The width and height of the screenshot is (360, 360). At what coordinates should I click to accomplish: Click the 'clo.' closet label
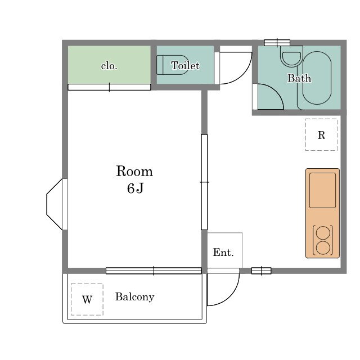tap(109, 66)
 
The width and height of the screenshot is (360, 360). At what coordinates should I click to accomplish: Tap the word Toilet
tap(185, 65)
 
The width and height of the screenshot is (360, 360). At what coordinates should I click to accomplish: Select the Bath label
tap(299, 78)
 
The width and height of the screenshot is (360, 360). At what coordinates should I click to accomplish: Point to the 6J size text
tap(135, 188)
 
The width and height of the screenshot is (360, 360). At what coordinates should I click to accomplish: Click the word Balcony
tap(134, 296)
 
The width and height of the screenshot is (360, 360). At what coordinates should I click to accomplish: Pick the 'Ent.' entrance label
tap(223, 253)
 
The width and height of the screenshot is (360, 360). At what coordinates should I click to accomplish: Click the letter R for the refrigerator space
tap(321, 135)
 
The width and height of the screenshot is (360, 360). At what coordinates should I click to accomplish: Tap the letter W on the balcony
tap(87, 299)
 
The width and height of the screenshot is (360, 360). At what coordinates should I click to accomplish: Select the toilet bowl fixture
tap(172, 65)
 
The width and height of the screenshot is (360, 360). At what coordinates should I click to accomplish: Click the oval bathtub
tap(317, 78)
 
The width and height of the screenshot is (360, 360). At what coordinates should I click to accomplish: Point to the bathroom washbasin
tap(291, 58)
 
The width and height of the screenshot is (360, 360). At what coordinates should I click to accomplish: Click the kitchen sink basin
tap(322, 190)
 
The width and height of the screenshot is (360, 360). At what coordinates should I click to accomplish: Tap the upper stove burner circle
tap(323, 232)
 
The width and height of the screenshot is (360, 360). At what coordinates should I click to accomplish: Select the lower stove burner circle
tap(323, 247)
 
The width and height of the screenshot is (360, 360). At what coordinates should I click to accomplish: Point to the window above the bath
tap(277, 43)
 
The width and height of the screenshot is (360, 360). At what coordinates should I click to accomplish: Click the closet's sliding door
tap(109, 87)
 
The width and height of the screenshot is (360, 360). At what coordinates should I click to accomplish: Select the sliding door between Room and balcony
tap(154, 271)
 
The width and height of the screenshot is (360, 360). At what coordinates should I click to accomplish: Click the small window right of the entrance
tap(261, 271)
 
